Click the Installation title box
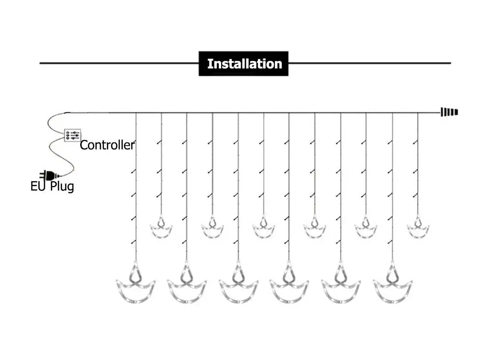tap(243, 64)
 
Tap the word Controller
tap(107, 145)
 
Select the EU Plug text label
tap(52, 186)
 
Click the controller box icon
tap(72, 135)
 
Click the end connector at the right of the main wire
tap(449, 113)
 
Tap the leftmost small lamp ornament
tap(161, 228)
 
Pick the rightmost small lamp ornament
tap(418, 228)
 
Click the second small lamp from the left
tap(212, 228)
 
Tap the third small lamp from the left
tap(263, 228)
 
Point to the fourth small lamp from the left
tap(314, 228)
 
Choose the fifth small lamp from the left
tap(366, 228)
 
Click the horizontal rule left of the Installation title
tap(119, 63)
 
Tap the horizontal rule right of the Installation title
tap(369, 63)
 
